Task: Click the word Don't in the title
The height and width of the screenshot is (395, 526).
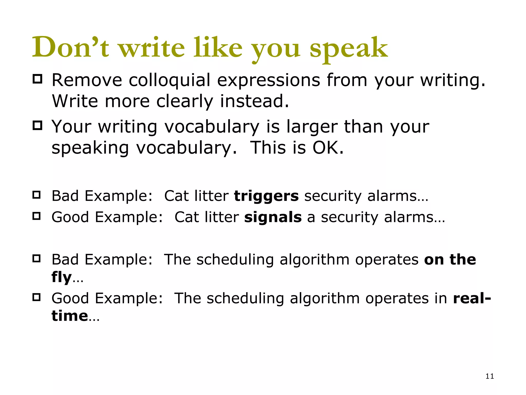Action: pos(71,48)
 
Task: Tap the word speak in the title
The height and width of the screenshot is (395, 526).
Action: pos(349,49)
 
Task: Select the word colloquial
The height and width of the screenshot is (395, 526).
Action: pos(170,80)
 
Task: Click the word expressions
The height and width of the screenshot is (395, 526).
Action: pos(269,80)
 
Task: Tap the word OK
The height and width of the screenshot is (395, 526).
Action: pos(328,148)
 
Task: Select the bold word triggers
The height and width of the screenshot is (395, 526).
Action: pos(266,196)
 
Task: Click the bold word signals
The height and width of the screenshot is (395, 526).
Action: pos(273,217)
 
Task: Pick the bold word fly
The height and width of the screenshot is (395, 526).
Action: pos(62,277)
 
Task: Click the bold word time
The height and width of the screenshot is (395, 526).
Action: pos(70,316)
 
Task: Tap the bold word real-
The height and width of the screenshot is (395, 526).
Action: pos(472,298)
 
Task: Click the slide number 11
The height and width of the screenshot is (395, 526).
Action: pos(490,376)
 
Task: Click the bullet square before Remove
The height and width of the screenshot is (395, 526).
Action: pos(37,79)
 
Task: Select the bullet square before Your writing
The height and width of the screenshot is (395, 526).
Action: pos(37,125)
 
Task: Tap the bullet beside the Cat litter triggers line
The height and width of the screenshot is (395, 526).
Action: pos(37,195)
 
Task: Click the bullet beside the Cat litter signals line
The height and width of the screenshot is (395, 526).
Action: pos(37,216)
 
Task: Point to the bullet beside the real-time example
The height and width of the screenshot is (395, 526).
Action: pos(37,297)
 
